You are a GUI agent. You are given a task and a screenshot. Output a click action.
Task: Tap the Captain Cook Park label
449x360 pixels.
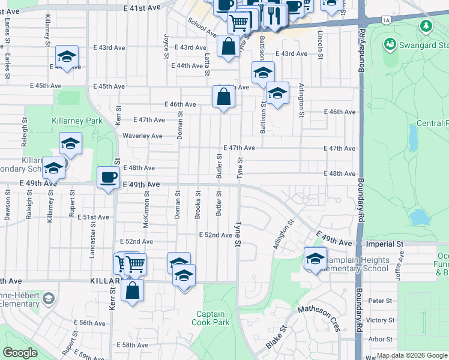[211, 318]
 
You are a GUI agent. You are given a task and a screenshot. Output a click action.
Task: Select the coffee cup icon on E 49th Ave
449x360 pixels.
[108, 178]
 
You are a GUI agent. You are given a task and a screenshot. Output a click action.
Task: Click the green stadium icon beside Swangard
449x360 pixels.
[390, 44]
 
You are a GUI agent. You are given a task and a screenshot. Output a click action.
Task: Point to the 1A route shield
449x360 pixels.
[385, 20]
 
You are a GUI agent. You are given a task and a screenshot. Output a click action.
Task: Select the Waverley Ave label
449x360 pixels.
[142, 136]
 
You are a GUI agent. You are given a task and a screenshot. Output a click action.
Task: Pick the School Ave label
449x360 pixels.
[200, 26]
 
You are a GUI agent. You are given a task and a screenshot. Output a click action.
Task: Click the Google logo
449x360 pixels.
[20, 353]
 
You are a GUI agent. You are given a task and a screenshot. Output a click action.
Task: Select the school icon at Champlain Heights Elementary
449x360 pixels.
[315, 258]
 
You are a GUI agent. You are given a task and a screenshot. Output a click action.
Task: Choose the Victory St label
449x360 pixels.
[379, 320]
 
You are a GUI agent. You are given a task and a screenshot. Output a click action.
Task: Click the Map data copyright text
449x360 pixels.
[412, 355]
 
